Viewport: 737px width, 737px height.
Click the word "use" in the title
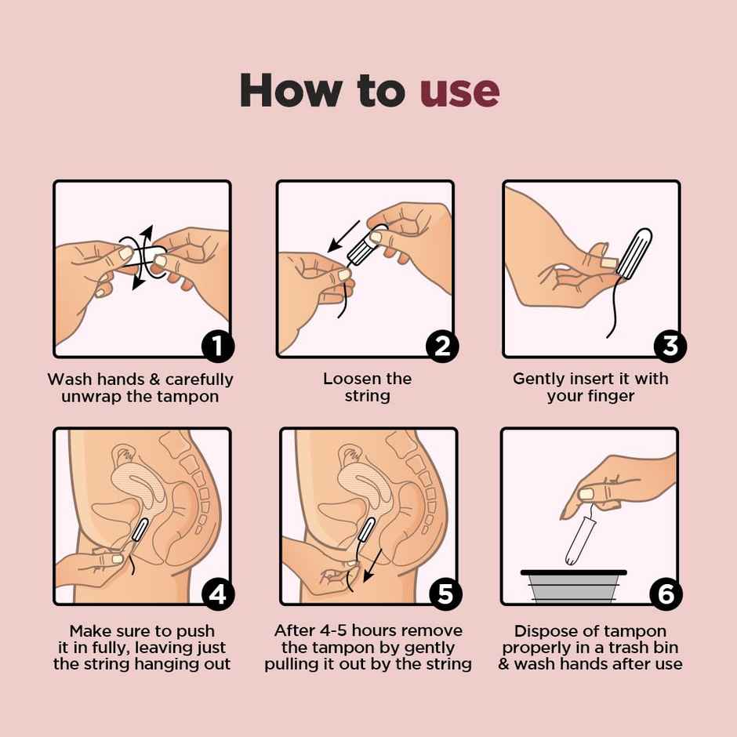coord(459,91)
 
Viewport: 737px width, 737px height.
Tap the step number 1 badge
coord(217,346)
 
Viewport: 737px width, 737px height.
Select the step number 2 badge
coord(442,346)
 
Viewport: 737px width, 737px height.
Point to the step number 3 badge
coord(669,346)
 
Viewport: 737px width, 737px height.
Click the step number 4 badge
coord(217,594)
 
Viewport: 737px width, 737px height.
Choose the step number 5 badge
coord(444,594)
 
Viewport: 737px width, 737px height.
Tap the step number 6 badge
coord(666,594)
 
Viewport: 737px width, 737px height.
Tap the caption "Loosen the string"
coord(367,387)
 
